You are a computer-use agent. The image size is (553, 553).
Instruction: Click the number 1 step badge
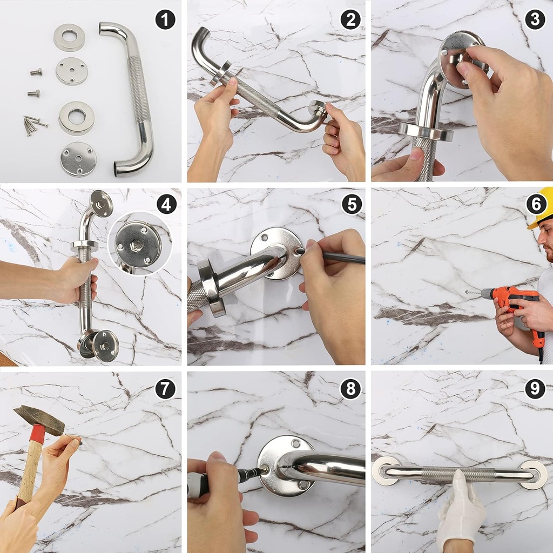coord(165,20)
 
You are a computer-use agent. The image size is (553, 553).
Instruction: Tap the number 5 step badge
coord(352,204)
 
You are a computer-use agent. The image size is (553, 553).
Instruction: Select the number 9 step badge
coord(535,389)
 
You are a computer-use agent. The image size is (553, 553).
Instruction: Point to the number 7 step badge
coord(165,389)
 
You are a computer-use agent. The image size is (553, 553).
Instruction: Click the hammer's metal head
coord(39,420)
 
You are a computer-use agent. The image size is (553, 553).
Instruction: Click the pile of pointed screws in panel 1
coord(33,125)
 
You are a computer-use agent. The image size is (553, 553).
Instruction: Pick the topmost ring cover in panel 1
coord(70,38)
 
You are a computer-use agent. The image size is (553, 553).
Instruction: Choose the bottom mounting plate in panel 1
coord(78,159)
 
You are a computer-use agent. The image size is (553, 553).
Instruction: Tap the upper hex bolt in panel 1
coord(36,72)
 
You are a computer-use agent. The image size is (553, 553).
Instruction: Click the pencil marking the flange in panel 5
coord(331,256)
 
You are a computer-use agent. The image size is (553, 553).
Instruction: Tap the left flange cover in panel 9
coord(386,470)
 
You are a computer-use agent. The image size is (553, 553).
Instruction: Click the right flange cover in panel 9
coord(533,475)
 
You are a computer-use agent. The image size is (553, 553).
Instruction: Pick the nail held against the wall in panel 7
coord(73,439)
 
